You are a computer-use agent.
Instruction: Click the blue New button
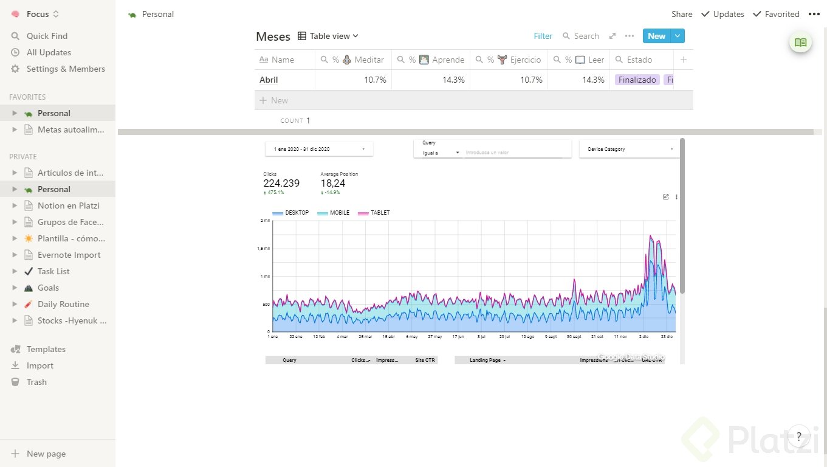[x=656, y=36]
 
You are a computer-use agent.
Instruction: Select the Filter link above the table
[x=543, y=36]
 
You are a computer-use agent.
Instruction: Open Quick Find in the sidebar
[x=47, y=36]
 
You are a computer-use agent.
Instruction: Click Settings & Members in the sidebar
[x=66, y=69]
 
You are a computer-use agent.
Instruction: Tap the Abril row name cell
[x=269, y=80]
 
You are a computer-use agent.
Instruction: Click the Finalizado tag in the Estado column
[x=637, y=80]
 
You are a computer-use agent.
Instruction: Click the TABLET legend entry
[x=380, y=213]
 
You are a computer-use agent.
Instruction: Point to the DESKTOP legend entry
[x=297, y=213]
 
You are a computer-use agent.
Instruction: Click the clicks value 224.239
[x=281, y=183]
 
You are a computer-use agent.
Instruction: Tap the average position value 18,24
[x=332, y=183]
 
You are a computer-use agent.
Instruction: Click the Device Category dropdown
[x=630, y=149]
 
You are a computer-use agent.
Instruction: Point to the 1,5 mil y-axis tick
[x=264, y=248]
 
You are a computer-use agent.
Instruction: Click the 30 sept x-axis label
[x=574, y=336]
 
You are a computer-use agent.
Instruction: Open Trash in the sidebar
[x=36, y=382]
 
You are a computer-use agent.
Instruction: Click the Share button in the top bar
[x=682, y=14]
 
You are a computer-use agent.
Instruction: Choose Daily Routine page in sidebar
[x=63, y=304]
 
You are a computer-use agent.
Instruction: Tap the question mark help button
[x=798, y=436]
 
